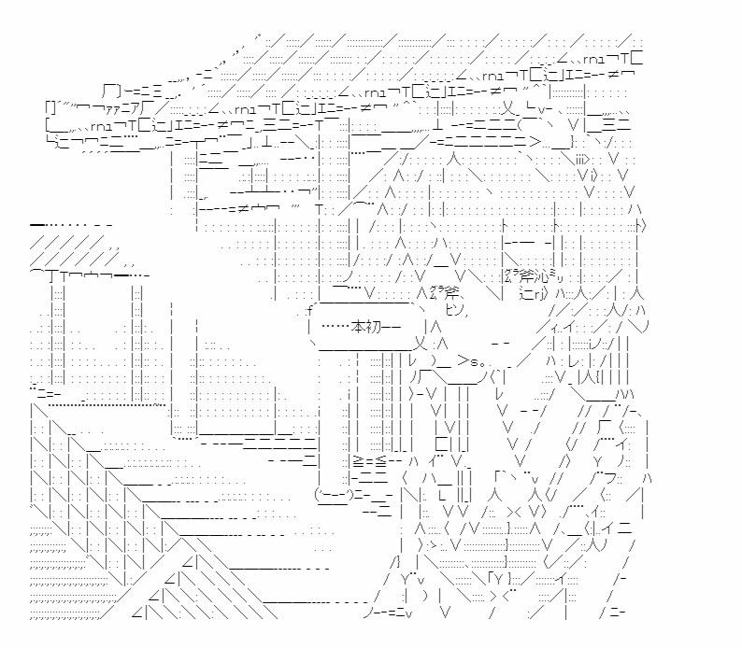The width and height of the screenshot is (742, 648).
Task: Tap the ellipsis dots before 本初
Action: click(333, 327)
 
